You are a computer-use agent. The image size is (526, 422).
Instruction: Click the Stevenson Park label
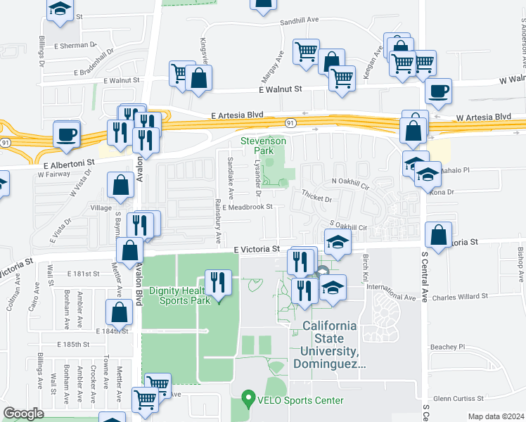[x=263, y=146]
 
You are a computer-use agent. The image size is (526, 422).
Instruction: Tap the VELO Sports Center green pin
[x=247, y=399]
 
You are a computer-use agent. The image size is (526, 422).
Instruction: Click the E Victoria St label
[x=257, y=249]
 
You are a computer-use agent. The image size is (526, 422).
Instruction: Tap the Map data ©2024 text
[x=496, y=416]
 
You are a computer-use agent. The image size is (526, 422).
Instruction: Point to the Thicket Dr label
[x=316, y=199]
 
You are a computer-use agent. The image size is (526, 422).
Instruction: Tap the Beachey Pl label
[x=447, y=347]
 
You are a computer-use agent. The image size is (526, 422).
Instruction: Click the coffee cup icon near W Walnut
[x=439, y=91]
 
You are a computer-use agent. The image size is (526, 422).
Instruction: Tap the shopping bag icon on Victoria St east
[x=439, y=236]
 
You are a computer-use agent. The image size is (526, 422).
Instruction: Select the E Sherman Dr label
[x=74, y=44]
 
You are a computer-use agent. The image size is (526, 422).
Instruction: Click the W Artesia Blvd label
[x=484, y=116]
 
